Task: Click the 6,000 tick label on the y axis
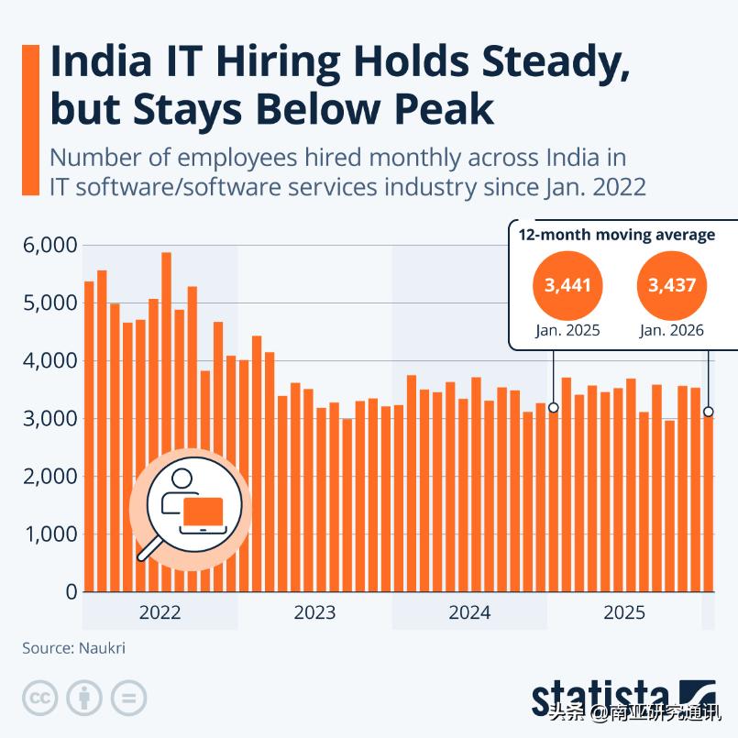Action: (50, 245)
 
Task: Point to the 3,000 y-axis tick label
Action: (50, 418)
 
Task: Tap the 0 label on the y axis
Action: (72, 591)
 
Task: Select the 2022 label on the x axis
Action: (160, 612)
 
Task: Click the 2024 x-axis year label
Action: (469, 612)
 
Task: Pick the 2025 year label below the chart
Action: (624, 612)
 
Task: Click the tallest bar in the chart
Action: (166, 422)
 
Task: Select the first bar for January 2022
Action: (89, 436)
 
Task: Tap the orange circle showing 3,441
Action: (567, 285)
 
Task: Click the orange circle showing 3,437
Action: (672, 285)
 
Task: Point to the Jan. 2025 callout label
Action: (567, 330)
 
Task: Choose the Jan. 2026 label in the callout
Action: (672, 330)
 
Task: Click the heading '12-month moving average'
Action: (617, 235)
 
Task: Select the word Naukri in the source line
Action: (102, 648)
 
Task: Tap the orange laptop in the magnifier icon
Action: (203, 512)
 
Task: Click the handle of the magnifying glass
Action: (149, 549)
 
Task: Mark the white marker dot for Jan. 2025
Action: (554, 407)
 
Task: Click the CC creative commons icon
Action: (40, 698)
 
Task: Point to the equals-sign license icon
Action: (128, 698)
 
